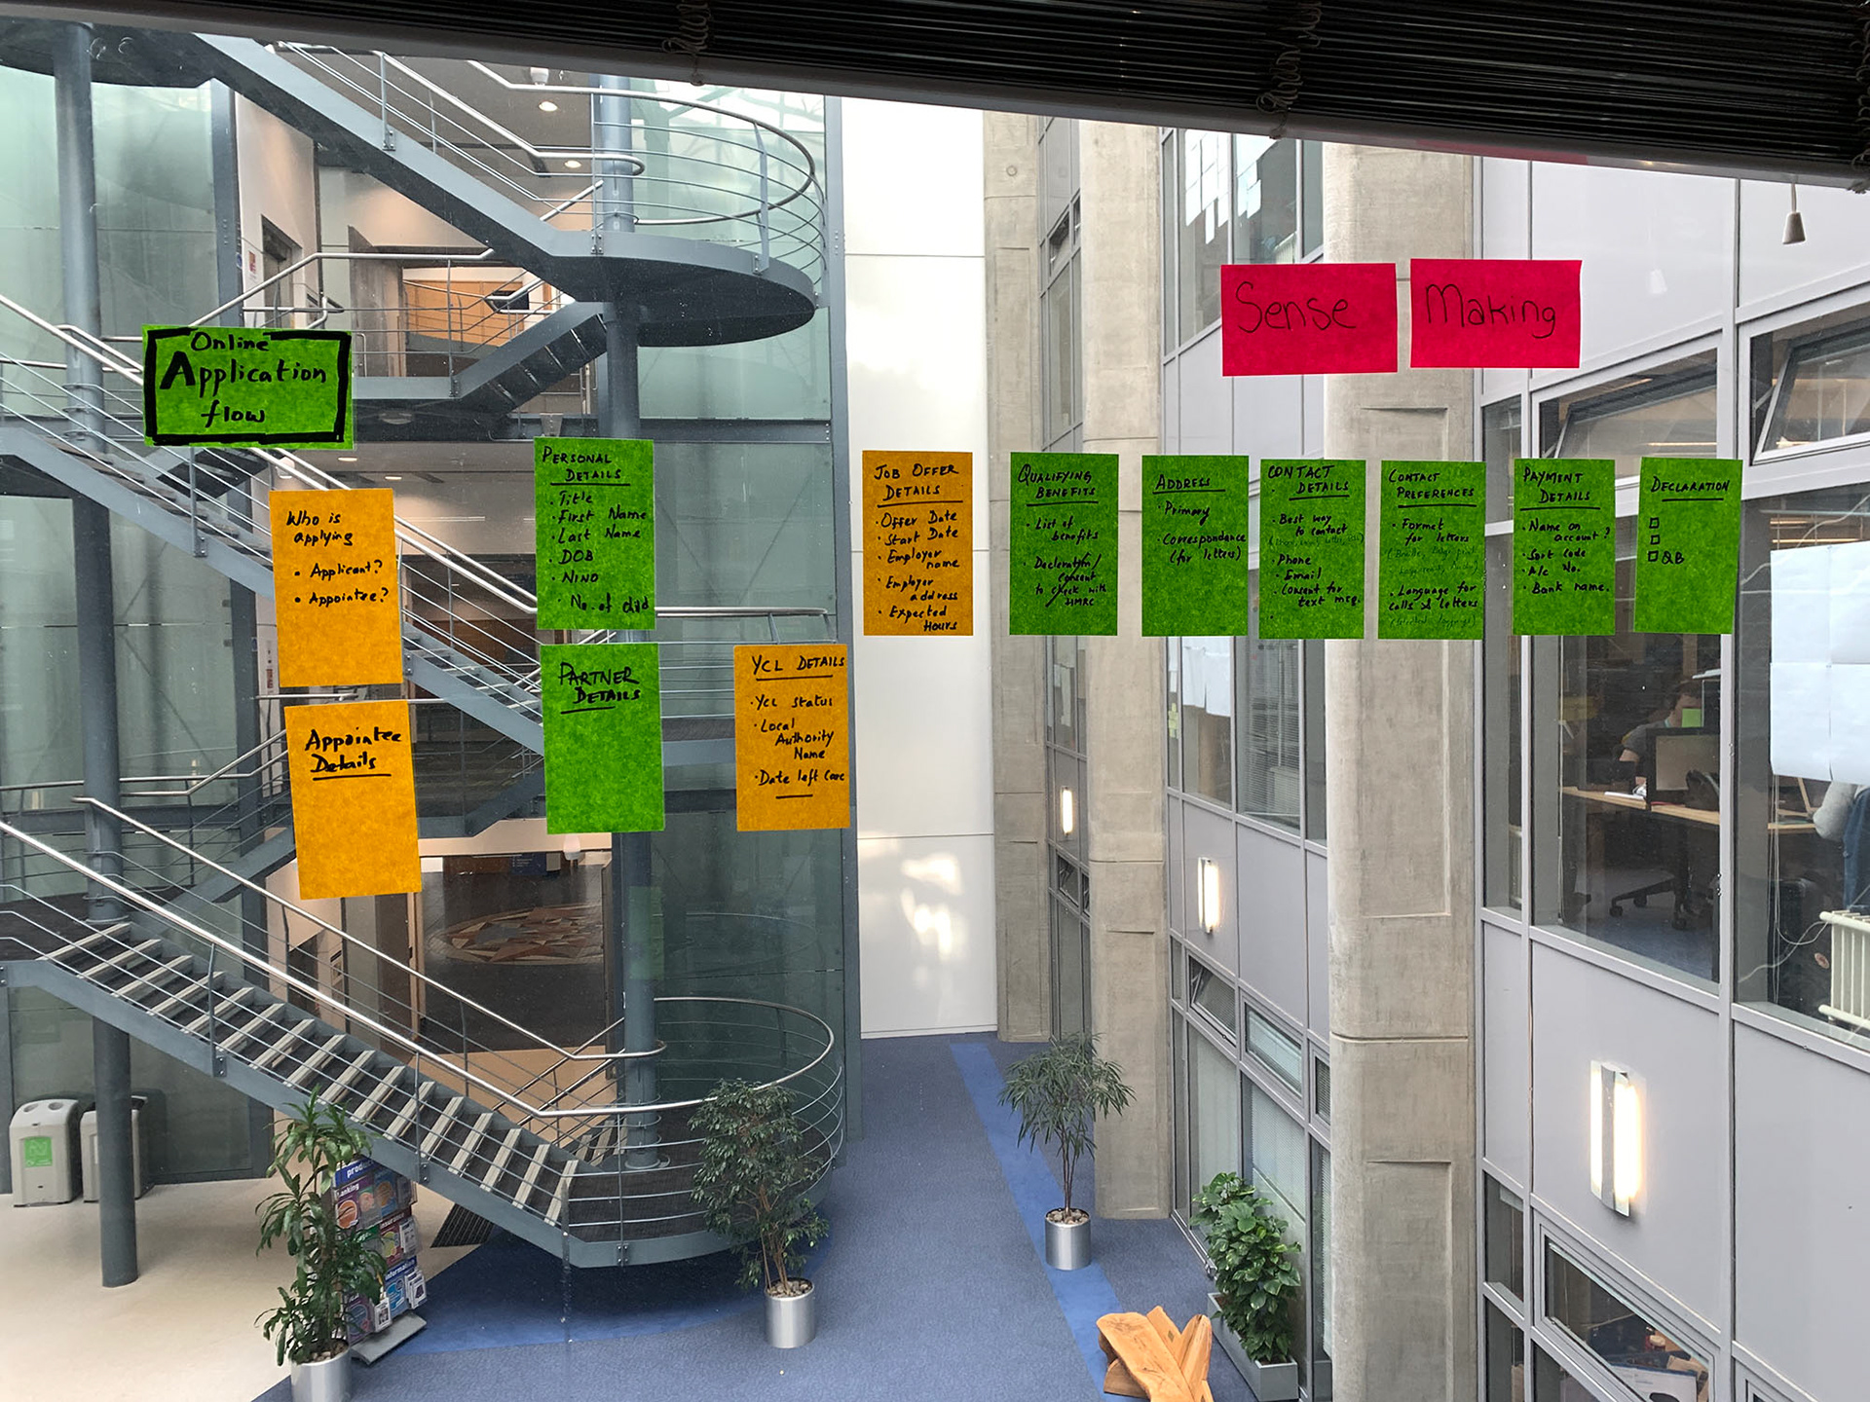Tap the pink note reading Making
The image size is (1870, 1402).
[1494, 313]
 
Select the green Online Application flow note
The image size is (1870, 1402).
[247, 387]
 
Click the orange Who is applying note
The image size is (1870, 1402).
[337, 586]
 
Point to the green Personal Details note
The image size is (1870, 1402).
[594, 534]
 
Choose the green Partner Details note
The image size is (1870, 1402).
[603, 737]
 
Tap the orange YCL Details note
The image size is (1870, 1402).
[791, 736]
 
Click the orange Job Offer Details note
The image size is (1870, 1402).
[917, 543]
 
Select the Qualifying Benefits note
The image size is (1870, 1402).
[1063, 543]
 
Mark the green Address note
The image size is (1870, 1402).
[1194, 545]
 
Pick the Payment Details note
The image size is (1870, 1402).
[1563, 546]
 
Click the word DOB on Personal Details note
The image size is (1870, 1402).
[577, 557]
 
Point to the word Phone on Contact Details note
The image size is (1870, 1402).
[1294, 560]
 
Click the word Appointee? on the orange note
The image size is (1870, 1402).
[348, 597]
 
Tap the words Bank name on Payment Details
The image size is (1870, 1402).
[1570, 587]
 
